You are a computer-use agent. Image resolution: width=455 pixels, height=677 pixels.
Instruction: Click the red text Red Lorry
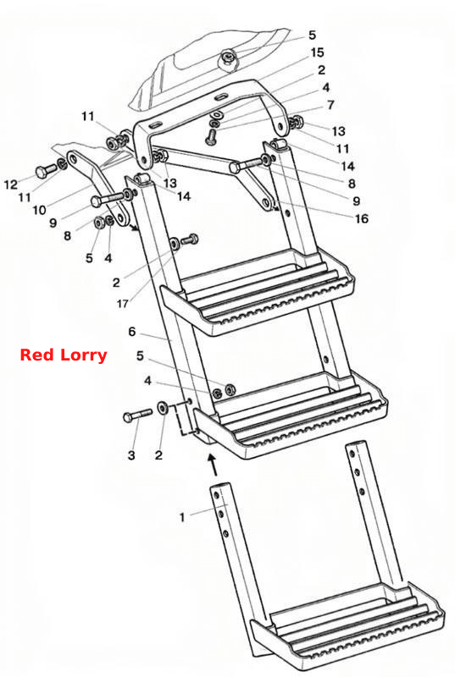tap(64, 355)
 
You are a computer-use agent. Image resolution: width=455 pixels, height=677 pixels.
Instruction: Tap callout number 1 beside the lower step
tap(182, 517)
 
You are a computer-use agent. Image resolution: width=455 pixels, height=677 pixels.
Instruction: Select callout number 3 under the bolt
tap(131, 455)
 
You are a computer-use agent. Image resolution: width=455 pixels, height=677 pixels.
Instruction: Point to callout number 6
tap(132, 332)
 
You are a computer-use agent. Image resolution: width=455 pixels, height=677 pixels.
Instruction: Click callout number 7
tap(330, 105)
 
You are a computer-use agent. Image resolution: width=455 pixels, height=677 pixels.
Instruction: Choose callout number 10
tap(39, 210)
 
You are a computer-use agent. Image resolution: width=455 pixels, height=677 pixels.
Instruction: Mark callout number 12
tap(11, 184)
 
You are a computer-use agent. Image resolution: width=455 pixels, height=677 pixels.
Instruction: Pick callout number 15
tap(317, 52)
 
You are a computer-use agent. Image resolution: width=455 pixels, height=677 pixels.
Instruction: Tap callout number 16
tap(362, 218)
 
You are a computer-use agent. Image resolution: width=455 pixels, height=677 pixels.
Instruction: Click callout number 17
tap(122, 304)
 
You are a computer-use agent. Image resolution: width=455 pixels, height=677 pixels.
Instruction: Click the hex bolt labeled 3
tap(137, 416)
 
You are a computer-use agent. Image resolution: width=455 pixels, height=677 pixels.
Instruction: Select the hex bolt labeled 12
tap(46, 171)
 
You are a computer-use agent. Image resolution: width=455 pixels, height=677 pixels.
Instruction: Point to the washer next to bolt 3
tap(164, 407)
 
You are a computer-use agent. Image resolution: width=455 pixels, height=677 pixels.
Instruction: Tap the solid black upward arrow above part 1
tap(212, 464)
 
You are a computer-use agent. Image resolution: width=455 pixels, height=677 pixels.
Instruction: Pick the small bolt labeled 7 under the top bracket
tap(211, 136)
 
